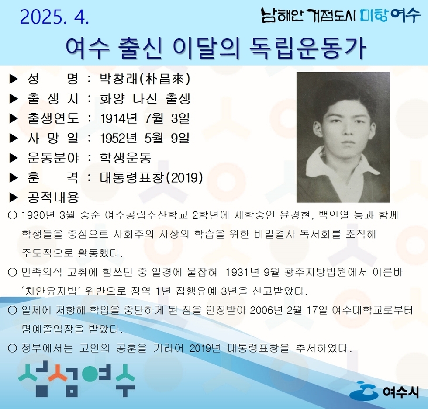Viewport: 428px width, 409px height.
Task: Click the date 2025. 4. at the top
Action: click(x=54, y=17)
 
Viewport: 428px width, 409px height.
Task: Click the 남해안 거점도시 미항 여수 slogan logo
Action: click(x=341, y=16)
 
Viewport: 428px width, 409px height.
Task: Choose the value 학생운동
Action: click(x=125, y=158)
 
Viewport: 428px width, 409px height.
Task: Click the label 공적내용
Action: click(x=53, y=198)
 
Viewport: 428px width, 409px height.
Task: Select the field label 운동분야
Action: click(x=53, y=158)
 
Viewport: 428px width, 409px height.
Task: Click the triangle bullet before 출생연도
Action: click(x=14, y=118)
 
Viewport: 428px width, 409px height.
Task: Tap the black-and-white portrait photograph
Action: click(x=343, y=137)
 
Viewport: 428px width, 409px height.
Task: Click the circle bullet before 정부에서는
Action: click(x=12, y=348)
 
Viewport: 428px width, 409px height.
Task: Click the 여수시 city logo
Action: click(x=384, y=391)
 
